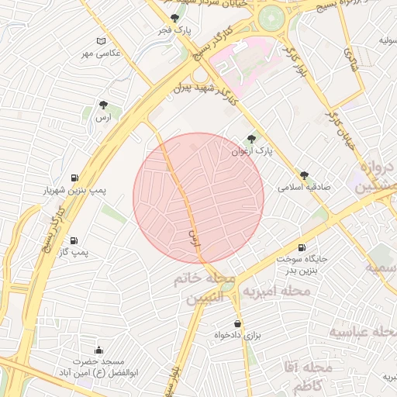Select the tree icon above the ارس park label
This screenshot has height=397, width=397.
[x=103, y=105]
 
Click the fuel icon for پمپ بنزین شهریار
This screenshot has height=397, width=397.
[x=74, y=177]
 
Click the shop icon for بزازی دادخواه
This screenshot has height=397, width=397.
[x=236, y=323]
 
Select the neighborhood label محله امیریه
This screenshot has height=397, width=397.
[x=277, y=292]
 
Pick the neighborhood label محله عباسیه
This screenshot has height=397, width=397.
[x=363, y=332]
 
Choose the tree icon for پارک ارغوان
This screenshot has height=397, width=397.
[x=250, y=139]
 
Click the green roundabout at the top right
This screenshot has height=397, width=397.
[x=271, y=19]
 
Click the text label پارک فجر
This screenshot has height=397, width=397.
[x=175, y=30]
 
